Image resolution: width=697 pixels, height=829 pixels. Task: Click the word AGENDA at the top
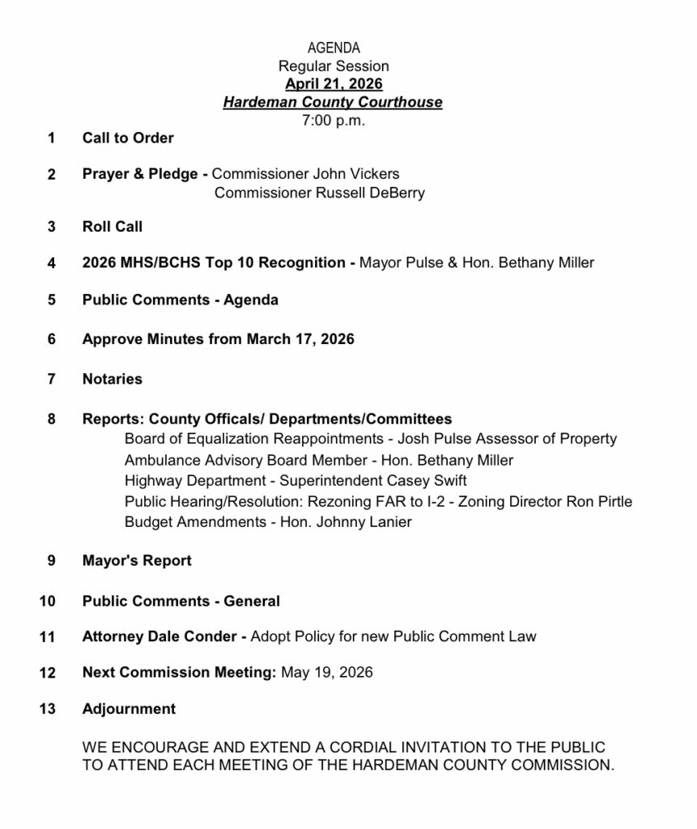click(x=334, y=49)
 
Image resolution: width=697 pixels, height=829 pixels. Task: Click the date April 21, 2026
click(x=334, y=84)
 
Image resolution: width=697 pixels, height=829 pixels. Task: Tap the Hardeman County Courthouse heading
click(x=334, y=102)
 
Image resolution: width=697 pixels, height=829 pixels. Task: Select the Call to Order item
click(x=128, y=138)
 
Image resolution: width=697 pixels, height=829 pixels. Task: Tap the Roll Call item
click(x=113, y=227)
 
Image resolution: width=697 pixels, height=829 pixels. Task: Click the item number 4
click(x=52, y=263)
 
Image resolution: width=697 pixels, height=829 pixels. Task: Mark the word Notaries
click(x=113, y=379)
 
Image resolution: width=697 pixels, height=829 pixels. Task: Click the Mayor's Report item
click(x=137, y=560)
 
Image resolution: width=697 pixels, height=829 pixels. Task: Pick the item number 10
click(x=47, y=602)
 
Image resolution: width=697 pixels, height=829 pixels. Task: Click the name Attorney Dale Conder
click(x=159, y=637)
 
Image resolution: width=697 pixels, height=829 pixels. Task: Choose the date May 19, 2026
click(x=327, y=673)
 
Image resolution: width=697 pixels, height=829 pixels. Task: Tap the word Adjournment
click(x=129, y=709)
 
